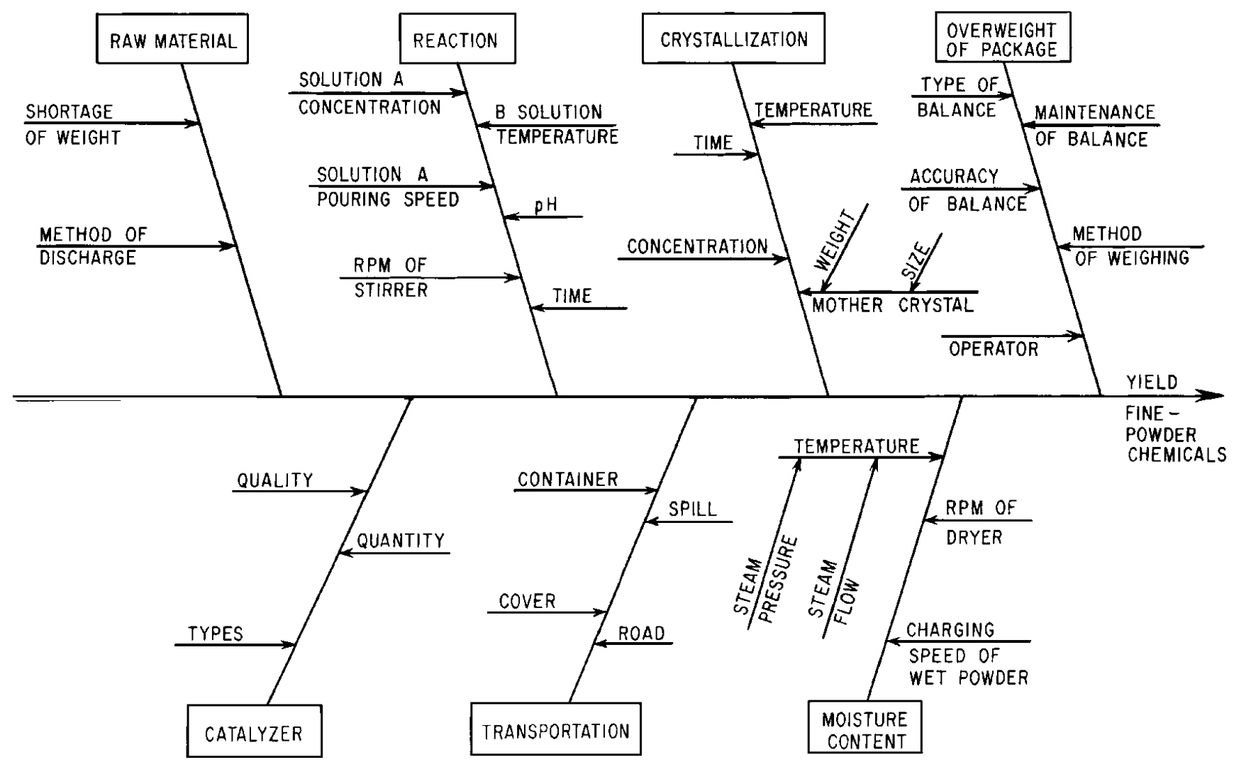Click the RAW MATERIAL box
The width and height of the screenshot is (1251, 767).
point(172,40)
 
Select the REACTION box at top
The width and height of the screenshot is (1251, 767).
point(457,40)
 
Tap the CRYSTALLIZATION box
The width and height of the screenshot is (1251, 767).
point(733,39)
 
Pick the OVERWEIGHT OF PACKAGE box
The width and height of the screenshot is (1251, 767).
point(1001,39)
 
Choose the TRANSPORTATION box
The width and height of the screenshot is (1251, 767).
point(555,730)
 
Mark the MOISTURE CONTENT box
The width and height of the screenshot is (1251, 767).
point(864,730)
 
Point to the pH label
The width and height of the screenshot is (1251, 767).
point(545,206)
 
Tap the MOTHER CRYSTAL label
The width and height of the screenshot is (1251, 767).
point(892,306)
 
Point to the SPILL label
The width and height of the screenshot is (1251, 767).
point(692,509)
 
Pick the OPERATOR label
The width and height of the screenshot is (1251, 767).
point(993,349)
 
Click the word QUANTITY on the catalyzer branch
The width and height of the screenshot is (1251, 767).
point(400,541)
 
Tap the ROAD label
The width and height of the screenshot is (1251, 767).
point(641,634)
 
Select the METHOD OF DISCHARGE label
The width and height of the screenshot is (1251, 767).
point(92,245)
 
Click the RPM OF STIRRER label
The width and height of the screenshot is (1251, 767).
point(391,277)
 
